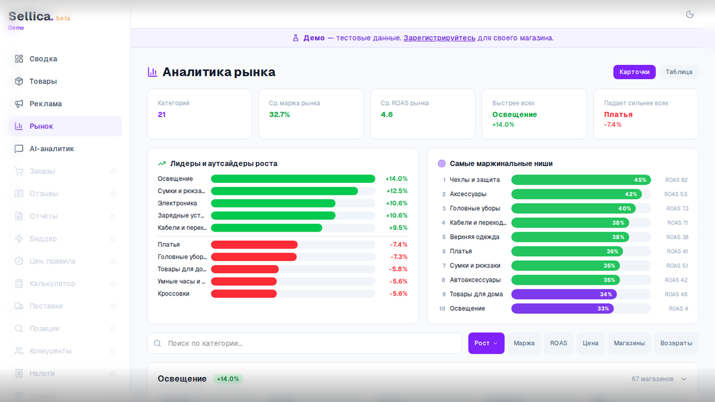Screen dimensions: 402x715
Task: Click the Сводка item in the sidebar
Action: (43, 59)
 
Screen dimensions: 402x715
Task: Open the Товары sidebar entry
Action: (43, 81)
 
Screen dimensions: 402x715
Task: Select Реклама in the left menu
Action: (45, 104)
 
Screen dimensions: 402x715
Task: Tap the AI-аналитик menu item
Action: (51, 149)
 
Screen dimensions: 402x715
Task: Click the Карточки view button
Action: (635, 72)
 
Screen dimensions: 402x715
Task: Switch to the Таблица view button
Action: (679, 72)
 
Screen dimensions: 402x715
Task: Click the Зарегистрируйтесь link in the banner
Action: (439, 38)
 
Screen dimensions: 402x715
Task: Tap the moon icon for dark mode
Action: (690, 14)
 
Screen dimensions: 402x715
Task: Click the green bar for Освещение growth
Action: (293, 179)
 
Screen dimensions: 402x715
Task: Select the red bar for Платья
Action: (254, 245)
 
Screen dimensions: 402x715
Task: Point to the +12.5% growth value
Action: (396, 191)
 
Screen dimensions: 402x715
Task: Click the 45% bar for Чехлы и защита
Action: (581, 180)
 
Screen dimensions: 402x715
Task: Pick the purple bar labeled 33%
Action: (562, 308)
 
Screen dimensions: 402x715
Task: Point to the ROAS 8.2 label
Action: (676, 180)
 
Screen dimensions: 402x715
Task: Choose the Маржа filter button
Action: (524, 343)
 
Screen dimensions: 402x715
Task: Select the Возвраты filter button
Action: (676, 343)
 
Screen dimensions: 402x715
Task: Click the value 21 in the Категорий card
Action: (161, 114)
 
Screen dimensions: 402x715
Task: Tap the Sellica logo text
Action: (30, 17)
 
